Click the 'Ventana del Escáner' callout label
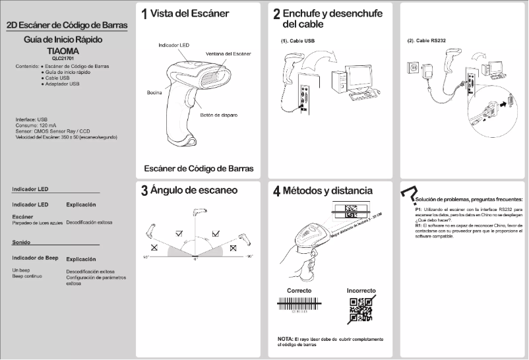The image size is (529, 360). point(229,53)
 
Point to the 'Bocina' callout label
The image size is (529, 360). point(154,92)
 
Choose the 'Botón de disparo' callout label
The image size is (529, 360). point(218,115)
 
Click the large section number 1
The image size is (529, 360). point(144,14)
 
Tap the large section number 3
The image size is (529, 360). point(144,192)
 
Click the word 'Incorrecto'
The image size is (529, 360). point(361,290)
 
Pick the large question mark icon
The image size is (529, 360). point(408,192)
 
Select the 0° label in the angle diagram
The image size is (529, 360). point(195,260)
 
